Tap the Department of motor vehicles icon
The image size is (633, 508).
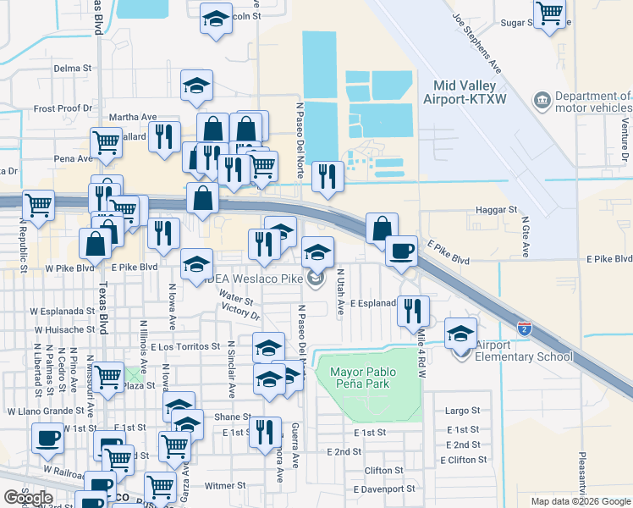[542, 102]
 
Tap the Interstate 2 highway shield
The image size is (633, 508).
[525, 325]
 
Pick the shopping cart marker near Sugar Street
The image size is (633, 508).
[550, 14]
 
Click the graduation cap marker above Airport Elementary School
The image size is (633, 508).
[461, 333]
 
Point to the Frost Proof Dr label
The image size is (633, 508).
[63, 109]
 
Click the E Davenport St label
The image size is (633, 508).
[384, 489]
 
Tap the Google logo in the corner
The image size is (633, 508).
[28, 498]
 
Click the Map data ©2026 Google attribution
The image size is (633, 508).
[580, 501]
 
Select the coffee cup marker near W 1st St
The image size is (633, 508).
[47, 438]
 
